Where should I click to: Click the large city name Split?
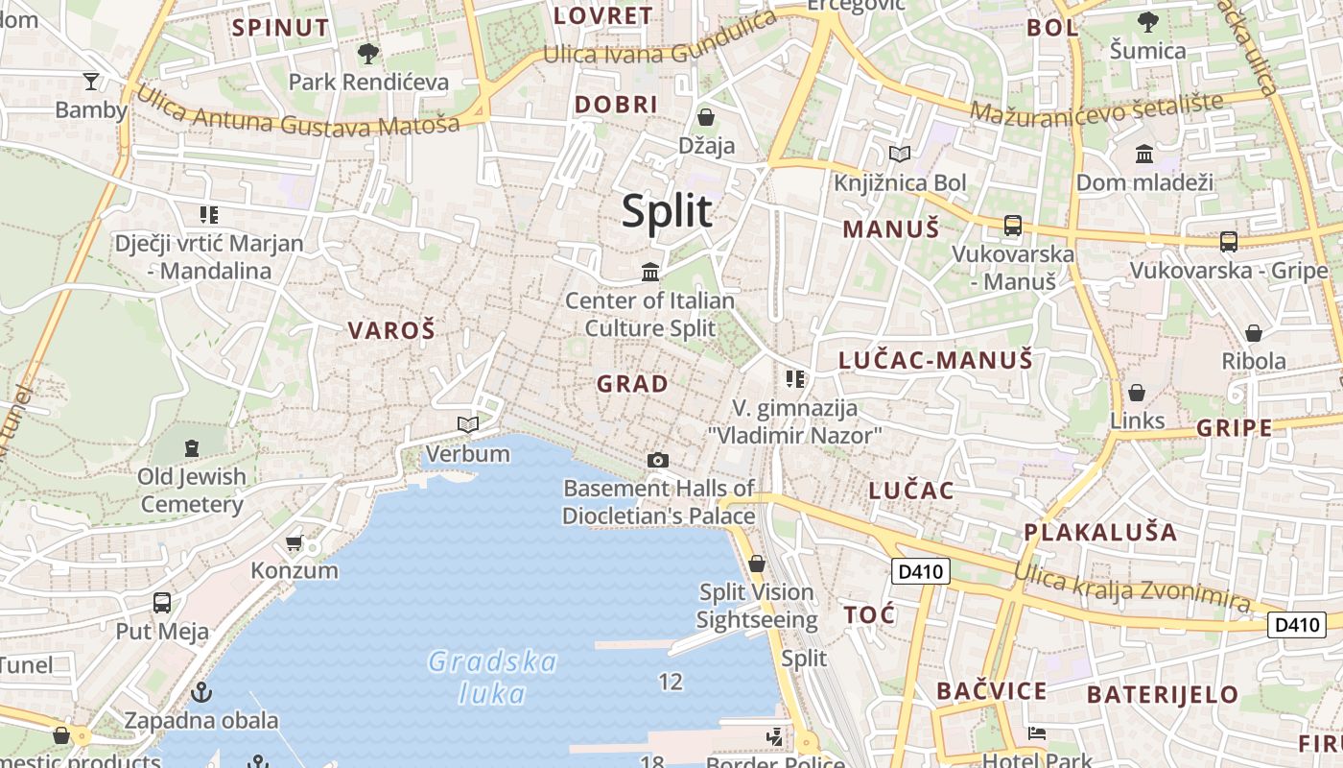pyautogui.click(x=667, y=211)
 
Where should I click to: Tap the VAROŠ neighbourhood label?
pyautogui.click(x=391, y=331)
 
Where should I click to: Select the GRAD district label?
pyautogui.click(x=632, y=384)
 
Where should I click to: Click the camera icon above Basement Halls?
pyautogui.click(x=657, y=461)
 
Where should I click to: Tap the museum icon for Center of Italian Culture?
pyautogui.click(x=650, y=273)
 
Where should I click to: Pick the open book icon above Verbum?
pyautogui.click(x=467, y=424)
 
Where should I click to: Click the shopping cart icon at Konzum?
pyautogui.click(x=295, y=542)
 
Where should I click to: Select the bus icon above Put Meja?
pyautogui.click(x=162, y=603)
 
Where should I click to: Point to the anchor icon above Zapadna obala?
pyautogui.click(x=201, y=691)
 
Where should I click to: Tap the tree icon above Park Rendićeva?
pyautogui.click(x=367, y=54)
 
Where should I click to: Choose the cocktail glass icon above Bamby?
pyautogui.click(x=91, y=82)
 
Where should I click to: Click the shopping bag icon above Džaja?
pyautogui.click(x=706, y=118)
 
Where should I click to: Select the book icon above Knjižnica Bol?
pyautogui.click(x=899, y=155)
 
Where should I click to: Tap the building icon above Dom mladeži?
pyautogui.click(x=1144, y=154)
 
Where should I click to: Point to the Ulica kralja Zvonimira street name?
pyautogui.click(x=1132, y=585)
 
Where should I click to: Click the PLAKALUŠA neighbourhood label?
pyautogui.click(x=1100, y=532)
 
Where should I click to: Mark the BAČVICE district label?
pyautogui.click(x=992, y=691)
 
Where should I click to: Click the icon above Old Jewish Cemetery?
pyautogui.click(x=192, y=447)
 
